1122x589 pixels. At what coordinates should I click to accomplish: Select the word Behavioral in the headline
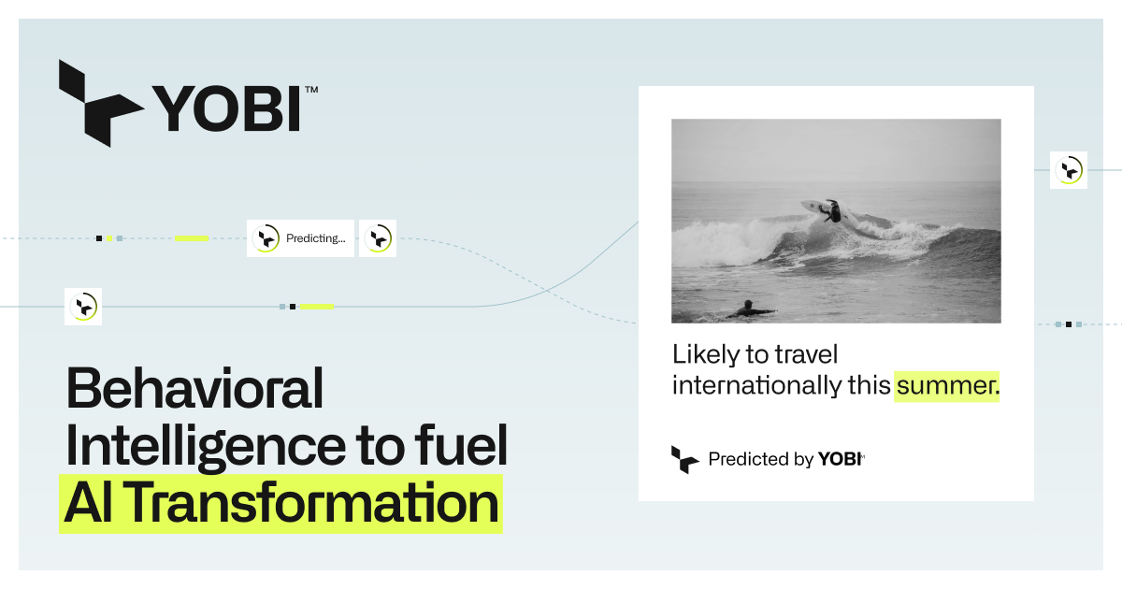coord(194,389)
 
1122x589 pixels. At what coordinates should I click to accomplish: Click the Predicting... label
coord(315,238)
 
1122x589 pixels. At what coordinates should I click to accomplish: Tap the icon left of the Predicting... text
coord(266,238)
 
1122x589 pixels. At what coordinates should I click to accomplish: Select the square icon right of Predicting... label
coord(378,238)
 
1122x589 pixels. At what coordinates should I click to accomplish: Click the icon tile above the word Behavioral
coord(83,307)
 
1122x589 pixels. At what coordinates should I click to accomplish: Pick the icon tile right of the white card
coord(1068,170)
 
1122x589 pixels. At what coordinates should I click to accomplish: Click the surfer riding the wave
coord(829,210)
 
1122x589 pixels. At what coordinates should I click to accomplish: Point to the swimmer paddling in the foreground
coord(748,309)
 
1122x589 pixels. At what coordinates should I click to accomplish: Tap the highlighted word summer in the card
coord(947,384)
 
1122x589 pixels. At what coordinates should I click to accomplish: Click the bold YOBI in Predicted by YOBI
coord(840,459)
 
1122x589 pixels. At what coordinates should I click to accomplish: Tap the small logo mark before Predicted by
coord(684,459)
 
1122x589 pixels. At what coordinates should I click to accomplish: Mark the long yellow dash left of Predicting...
coord(192,238)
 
